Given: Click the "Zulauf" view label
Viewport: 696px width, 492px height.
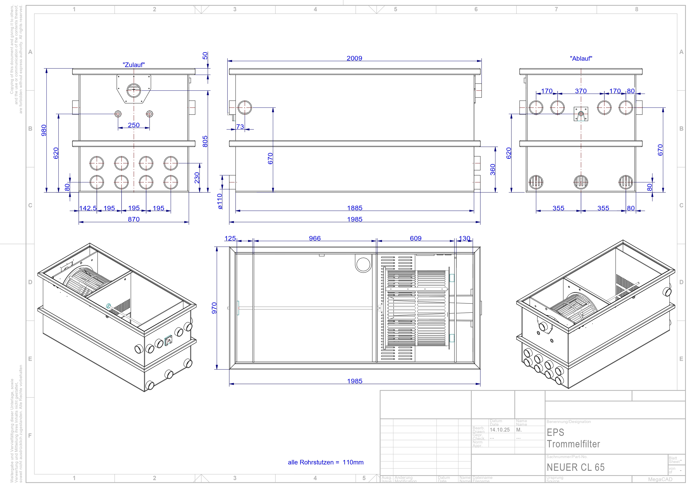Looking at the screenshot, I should click(134, 65).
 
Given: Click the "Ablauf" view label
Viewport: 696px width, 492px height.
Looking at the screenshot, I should click(581, 59).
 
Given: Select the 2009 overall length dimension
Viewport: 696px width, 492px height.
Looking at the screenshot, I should click(354, 58).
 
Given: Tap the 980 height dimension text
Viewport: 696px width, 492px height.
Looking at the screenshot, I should click(44, 130).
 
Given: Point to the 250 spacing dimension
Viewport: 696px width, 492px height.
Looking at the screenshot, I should click(134, 125).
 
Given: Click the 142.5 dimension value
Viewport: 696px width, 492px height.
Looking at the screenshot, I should click(88, 208).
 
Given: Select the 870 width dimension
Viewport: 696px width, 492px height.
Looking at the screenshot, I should click(134, 219).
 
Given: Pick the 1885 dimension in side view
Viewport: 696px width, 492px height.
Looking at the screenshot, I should click(355, 208).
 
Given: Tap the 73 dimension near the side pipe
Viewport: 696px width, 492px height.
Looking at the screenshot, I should click(240, 127).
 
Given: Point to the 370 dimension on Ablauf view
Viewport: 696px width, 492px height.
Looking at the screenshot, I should click(581, 91).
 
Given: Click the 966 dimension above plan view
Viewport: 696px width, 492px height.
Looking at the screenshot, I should click(315, 238).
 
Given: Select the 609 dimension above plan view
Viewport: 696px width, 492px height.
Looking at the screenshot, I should click(416, 238).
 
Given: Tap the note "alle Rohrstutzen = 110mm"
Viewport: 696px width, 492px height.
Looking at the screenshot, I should click(325, 462).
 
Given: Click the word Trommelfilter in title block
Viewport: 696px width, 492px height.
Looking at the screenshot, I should click(573, 444).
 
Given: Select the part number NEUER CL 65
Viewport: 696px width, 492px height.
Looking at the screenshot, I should click(575, 467).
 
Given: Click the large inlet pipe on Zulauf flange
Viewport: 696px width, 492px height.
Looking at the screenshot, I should click(134, 90).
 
